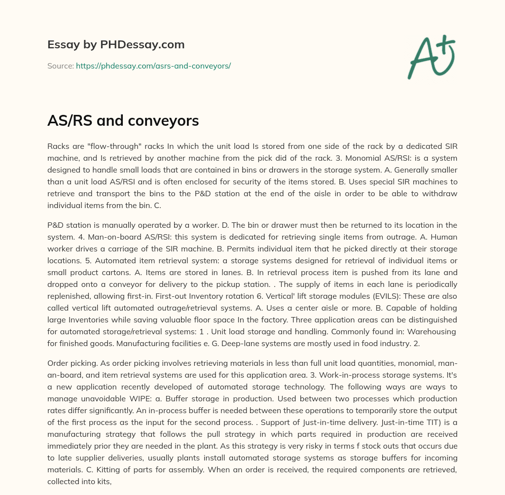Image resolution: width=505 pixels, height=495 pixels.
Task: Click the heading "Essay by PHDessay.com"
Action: [x=116, y=45]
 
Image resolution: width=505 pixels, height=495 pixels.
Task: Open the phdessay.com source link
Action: [x=153, y=66]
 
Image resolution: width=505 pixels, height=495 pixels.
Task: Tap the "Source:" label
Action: [x=61, y=66]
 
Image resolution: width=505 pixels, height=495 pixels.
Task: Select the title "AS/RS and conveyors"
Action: [x=123, y=120]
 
